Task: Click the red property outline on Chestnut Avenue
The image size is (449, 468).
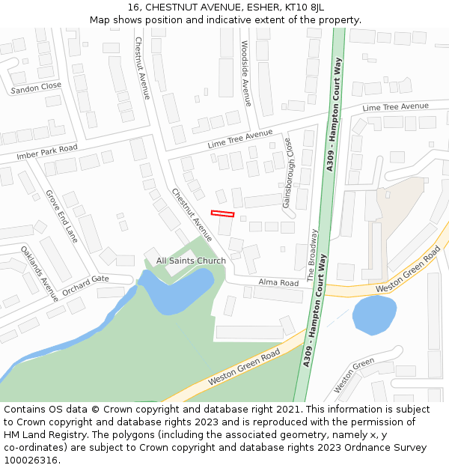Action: tap(222, 213)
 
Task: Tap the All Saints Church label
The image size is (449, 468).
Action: tap(191, 261)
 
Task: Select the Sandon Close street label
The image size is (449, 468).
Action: tap(36, 88)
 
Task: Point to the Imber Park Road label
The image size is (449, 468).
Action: tap(47, 153)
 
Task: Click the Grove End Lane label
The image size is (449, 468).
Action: tap(61, 216)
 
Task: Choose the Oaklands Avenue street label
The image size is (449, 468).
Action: tap(39, 274)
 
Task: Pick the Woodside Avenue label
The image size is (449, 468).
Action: tap(245, 73)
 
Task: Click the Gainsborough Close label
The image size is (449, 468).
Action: tap(288, 173)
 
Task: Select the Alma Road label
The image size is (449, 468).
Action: tap(278, 283)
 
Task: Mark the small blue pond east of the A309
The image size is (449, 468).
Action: tap(374, 314)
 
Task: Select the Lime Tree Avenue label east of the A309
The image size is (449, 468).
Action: tap(395, 107)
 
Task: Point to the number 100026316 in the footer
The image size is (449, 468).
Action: tap(31, 461)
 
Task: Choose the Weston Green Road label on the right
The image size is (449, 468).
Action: tap(408, 271)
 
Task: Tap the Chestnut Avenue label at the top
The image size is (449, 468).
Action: tap(142, 67)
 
